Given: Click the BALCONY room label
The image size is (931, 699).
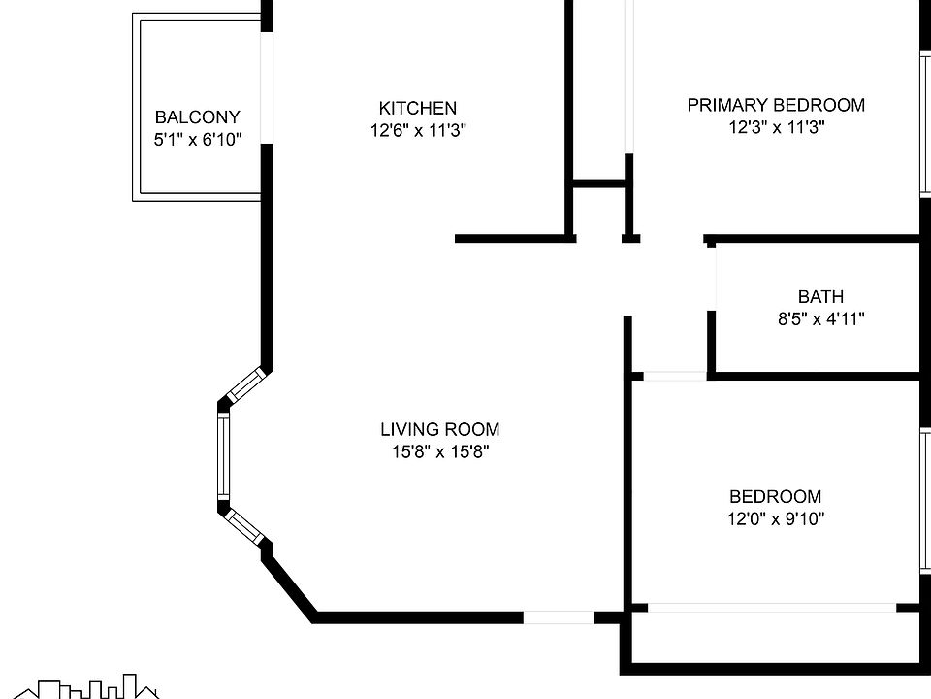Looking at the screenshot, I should pos(197,117).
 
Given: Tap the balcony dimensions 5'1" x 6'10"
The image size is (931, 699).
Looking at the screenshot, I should pos(197,140).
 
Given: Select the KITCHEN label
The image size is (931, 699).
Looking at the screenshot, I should pos(417,108).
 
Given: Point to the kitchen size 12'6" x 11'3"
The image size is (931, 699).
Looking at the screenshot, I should pos(417,131).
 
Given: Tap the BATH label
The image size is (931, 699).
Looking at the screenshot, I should pos(820,297).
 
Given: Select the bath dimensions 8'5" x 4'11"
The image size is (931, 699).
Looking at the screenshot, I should pos(820,318).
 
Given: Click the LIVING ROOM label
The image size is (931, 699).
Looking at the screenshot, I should pos(439,429).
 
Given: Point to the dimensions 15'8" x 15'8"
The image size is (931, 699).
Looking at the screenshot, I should pos(439,451).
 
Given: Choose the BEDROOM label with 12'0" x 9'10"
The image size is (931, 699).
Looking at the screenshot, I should pos(775,496).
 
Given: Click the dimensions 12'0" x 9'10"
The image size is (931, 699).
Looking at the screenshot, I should pos(775,518).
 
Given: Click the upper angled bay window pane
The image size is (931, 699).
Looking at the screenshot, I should pos(244,385).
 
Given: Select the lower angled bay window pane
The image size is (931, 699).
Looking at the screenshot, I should pos(245,525).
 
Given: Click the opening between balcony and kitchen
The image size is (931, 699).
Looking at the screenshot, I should pos(267,87).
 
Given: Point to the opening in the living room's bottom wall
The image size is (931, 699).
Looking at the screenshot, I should pos(559,616).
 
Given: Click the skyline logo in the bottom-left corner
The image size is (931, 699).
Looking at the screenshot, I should pos(93,687).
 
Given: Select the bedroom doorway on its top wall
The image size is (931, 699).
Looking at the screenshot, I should pos(674,376).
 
